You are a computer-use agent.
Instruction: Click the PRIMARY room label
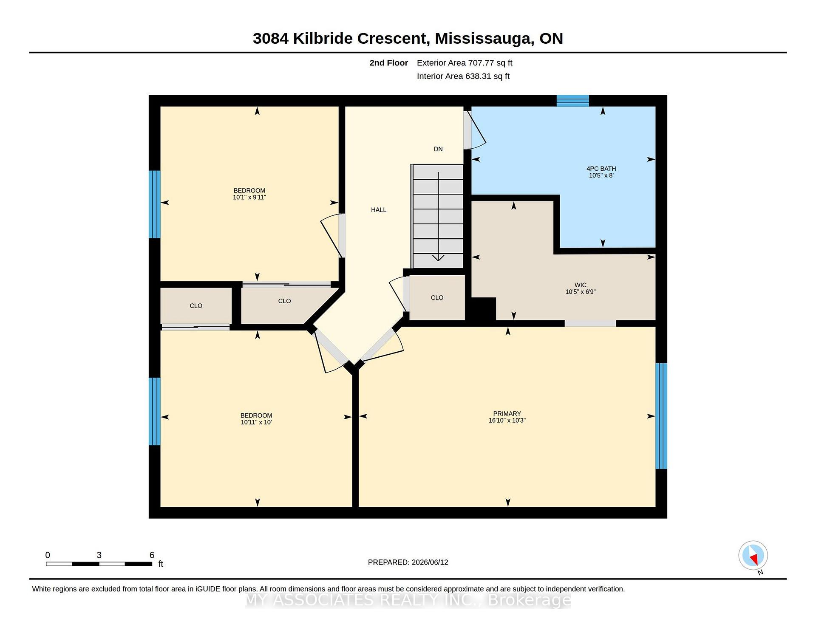click(507, 413)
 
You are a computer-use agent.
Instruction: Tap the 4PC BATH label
click(601, 169)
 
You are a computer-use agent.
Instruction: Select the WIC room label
click(581, 285)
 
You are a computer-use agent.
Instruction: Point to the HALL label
click(379, 210)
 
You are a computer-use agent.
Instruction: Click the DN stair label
click(438, 149)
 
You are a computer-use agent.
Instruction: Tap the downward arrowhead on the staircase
click(438, 257)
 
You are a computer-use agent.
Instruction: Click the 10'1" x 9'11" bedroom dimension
click(249, 198)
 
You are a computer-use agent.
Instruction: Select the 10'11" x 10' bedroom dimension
click(256, 422)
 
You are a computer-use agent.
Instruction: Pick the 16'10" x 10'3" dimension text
click(507, 421)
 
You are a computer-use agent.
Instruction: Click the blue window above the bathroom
click(573, 101)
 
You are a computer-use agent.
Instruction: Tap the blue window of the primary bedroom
click(661, 416)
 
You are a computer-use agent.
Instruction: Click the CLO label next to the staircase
click(437, 298)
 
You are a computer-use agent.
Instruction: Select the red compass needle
click(754, 559)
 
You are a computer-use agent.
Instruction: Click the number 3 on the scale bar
click(99, 555)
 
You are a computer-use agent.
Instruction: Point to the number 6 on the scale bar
click(152, 555)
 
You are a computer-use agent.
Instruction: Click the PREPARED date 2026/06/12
click(430, 562)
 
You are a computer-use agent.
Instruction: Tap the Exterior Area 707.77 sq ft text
click(465, 63)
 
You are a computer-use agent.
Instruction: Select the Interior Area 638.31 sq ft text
click(463, 76)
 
